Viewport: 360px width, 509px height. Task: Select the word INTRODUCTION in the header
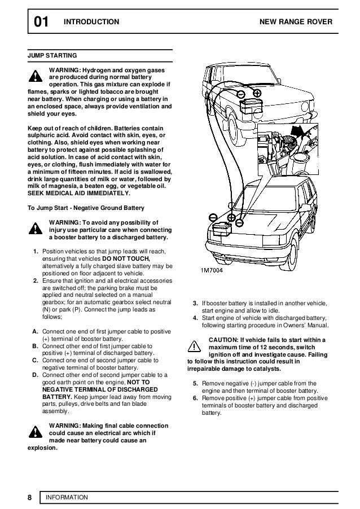click(92, 22)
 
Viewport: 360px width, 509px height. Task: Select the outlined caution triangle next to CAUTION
click(195, 345)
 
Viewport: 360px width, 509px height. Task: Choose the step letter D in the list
click(35, 375)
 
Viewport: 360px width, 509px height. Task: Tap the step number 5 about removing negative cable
click(195, 384)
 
